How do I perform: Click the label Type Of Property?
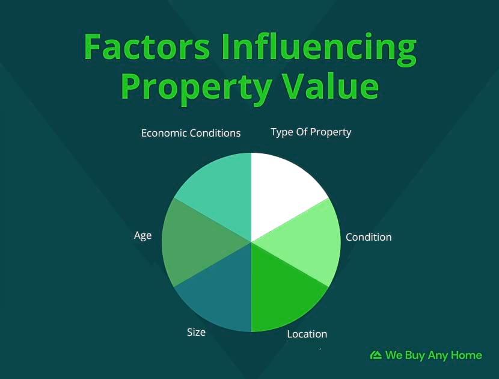point(311,132)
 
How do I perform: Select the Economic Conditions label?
point(191,133)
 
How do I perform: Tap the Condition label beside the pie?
point(369,237)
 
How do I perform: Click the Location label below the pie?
point(307,334)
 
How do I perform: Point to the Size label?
point(196,333)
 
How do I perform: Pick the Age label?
point(143,236)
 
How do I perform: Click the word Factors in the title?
point(147,46)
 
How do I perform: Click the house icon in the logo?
point(376,355)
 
